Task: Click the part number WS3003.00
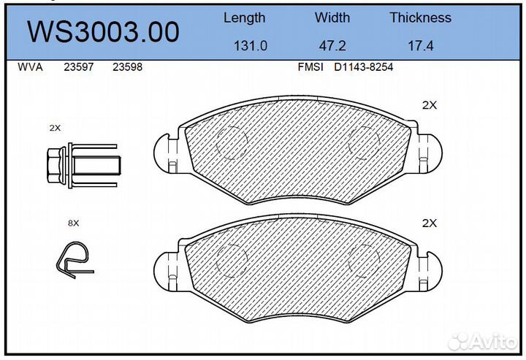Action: [103, 32]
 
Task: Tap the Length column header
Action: [244, 18]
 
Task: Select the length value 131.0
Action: [251, 46]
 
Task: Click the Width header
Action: [332, 18]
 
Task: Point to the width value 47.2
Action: [332, 46]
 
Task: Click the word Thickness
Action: [420, 18]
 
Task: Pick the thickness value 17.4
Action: [420, 46]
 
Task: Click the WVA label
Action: [30, 67]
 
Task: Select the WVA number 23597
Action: [78, 67]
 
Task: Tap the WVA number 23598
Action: [127, 67]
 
